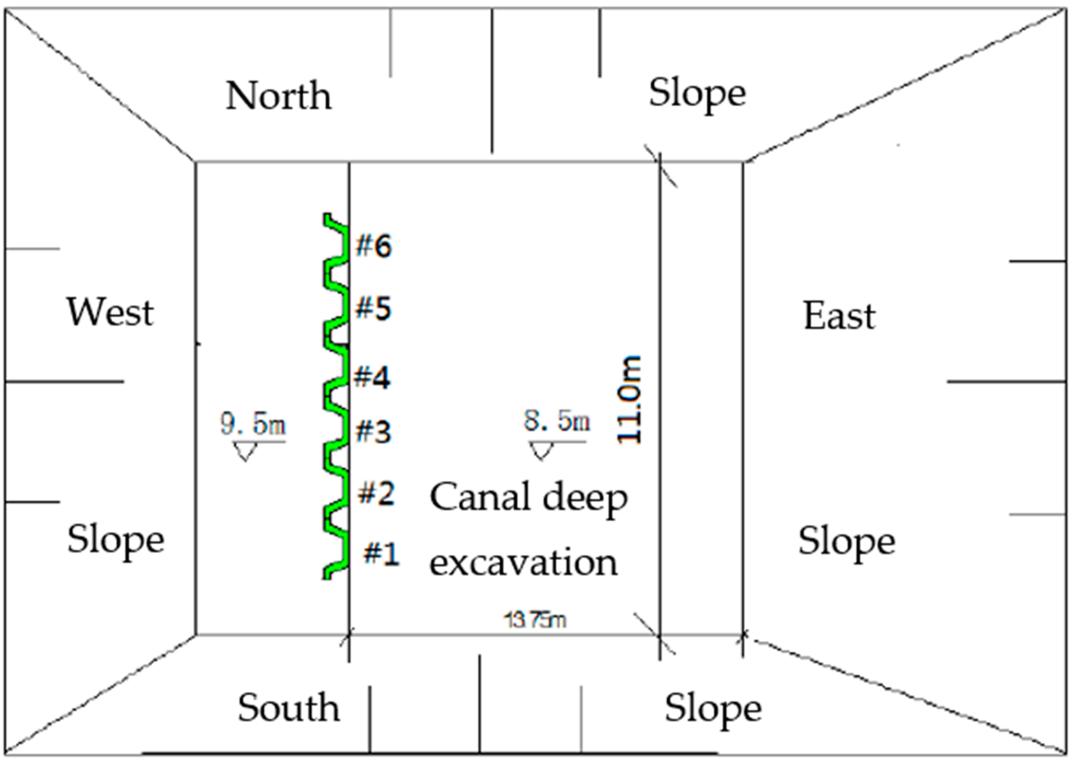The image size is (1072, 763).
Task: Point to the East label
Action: coord(840,316)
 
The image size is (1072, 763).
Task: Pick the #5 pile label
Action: coord(373,309)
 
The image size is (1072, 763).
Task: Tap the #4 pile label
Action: coord(372,378)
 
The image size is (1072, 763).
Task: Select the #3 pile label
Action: coord(373,432)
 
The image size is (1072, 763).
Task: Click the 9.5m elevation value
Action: coord(253,424)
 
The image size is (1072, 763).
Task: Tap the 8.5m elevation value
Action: coord(557,421)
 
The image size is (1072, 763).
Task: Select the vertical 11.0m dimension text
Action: coord(628,399)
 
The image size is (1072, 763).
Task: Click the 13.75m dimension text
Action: coord(535,620)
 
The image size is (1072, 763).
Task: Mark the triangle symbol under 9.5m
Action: coord(245,451)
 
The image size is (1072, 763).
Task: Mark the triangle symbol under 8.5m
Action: coord(541,451)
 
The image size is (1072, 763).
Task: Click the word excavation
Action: coord(523,562)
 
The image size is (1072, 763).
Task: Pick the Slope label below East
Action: coord(847,541)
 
